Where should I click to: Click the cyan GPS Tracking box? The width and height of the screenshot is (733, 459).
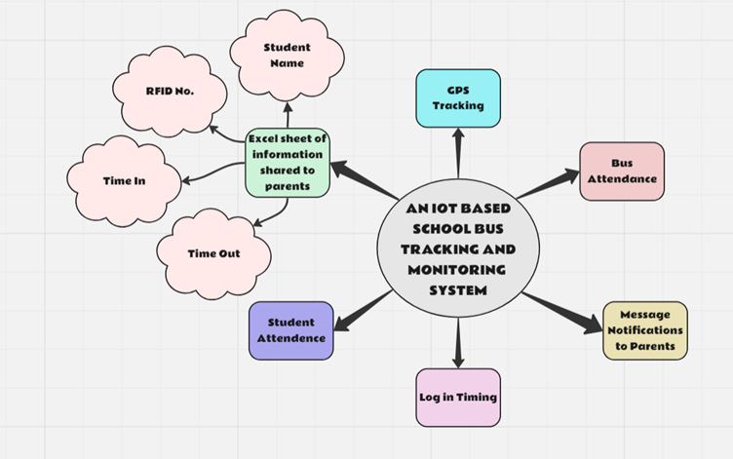pos(458,98)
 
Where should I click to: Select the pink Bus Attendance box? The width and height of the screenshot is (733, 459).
pos(622,172)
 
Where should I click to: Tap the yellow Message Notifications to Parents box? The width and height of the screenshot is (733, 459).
pos(644,330)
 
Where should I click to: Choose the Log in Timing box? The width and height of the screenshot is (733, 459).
pos(458,397)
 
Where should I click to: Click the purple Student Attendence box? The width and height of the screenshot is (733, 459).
pos(290,330)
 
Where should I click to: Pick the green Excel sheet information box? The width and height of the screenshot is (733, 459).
pos(287,162)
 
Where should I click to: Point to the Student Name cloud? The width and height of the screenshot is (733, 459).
pos(287,56)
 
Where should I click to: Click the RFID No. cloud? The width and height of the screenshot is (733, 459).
pos(170,91)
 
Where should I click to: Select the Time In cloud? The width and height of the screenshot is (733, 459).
pos(124,180)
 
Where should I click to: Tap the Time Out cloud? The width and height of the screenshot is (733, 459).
pos(213,253)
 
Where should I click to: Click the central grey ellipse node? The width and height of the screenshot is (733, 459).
pos(457,249)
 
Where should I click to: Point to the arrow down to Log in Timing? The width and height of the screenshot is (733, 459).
pos(458,342)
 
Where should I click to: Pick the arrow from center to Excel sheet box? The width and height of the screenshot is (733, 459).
pos(366,181)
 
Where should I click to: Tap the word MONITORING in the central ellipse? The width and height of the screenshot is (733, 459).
pos(457,270)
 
